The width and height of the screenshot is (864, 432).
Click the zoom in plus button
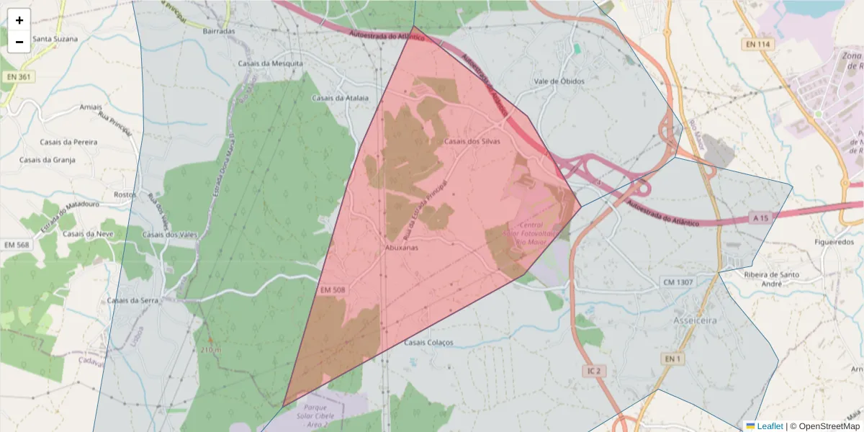coord(19,20)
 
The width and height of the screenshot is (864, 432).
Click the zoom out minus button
coord(19,42)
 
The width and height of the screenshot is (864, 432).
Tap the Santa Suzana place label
coord(55,39)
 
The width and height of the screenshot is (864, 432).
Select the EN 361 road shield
coord(19,76)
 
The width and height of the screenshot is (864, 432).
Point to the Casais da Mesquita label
coord(271,63)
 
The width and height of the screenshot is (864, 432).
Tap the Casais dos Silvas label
coord(472,141)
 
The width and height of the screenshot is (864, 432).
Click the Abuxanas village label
coord(402,247)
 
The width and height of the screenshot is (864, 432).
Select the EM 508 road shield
coord(332,289)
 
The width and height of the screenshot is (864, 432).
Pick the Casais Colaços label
coord(429,343)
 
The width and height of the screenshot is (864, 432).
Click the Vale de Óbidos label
coord(559,81)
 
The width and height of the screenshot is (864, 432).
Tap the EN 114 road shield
coord(758,45)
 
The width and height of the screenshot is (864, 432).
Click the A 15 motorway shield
coord(760,217)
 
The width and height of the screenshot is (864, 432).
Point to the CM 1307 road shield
coord(678,282)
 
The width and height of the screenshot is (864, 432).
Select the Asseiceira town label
coord(695,320)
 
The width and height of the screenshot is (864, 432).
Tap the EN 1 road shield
coord(672,359)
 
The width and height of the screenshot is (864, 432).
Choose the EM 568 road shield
coord(19,246)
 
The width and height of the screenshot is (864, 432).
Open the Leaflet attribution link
coord(769,426)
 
